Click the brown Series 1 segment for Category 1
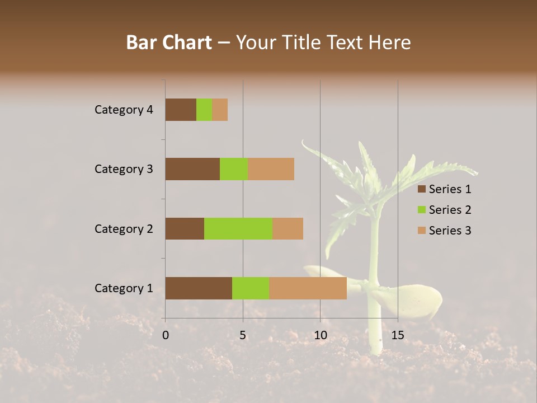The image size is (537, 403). click(x=199, y=288)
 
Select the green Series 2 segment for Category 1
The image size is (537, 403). click(x=251, y=288)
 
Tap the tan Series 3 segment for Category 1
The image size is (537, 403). click(x=308, y=288)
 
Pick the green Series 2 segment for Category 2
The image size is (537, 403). click(x=238, y=228)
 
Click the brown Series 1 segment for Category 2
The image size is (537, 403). click(x=185, y=228)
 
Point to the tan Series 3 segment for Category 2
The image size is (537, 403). click(x=288, y=228)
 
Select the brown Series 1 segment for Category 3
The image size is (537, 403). click(x=192, y=169)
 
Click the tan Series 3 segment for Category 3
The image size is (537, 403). click(x=271, y=169)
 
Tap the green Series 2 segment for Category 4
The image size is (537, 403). click(x=204, y=110)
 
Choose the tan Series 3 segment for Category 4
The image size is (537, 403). click(x=220, y=110)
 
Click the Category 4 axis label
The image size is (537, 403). click(x=124, y=110)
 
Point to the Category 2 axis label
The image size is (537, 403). click(x=124, y=228)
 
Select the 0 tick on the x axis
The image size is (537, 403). click(x=166, y=335)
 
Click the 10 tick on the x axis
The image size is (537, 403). click(x=320, y=335)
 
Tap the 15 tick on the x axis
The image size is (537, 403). click(x=398, y=335)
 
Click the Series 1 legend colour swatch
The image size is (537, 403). click(x=422, y=189)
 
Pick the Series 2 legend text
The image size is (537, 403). click(x=450, y=210)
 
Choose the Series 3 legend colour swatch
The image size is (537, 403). click(x=422, y=231)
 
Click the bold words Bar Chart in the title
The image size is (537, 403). click(x=169, y=43)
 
